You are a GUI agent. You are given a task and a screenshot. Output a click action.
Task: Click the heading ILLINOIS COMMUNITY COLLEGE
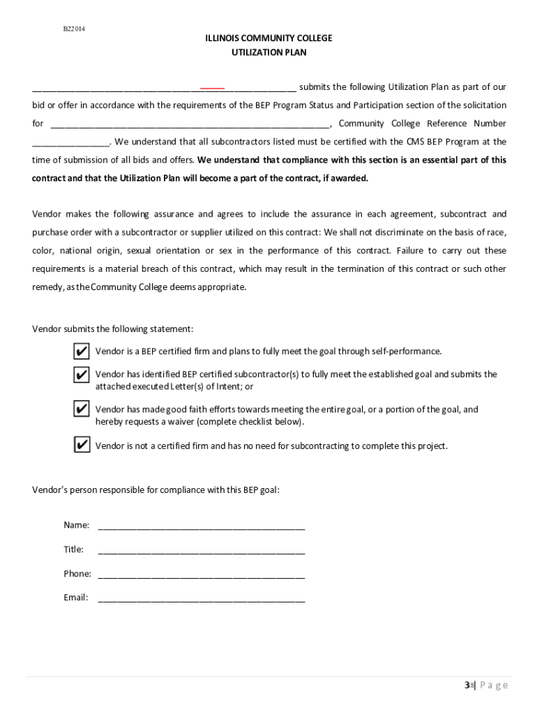(268, 38)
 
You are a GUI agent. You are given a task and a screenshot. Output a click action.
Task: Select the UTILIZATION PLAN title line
(268, 52)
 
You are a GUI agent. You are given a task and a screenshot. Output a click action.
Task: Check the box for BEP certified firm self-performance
(82, 351)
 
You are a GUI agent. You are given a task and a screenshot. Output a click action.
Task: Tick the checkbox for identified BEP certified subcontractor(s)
(82, 375)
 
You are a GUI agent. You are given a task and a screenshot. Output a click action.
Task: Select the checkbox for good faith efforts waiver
(82, 409)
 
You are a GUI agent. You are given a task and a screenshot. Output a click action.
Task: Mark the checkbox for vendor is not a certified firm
(82, 446)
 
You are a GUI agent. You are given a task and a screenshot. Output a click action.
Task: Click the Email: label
(76, 598)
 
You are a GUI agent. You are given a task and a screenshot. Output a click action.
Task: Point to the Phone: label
(77, 574)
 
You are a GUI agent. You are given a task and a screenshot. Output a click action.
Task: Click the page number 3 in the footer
(467, 685)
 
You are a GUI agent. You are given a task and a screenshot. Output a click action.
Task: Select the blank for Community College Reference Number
(70, 144)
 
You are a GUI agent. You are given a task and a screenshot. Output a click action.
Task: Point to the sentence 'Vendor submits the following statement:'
(113, 329)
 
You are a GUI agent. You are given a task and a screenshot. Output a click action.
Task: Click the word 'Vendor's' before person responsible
(51, 490)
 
